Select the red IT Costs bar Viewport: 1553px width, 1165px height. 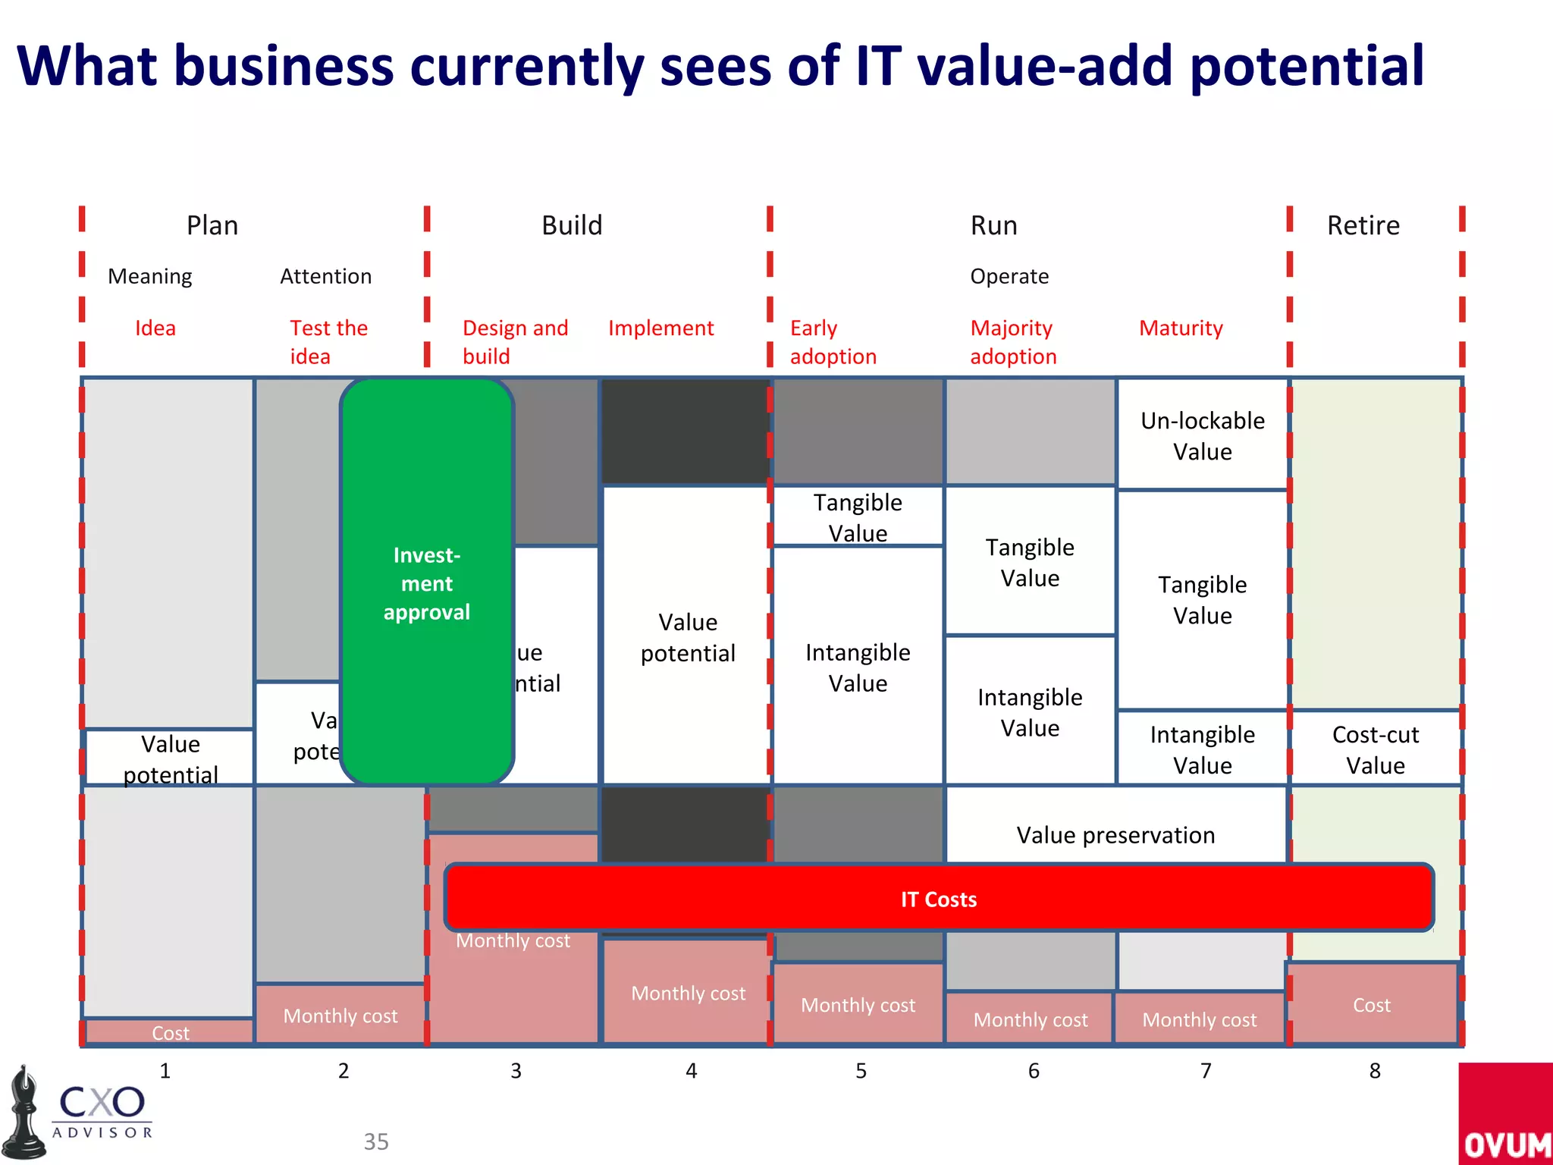[x=939, y=899]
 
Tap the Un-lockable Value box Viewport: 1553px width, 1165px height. [x=1203, y=435]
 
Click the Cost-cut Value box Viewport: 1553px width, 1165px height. [x=1376, y=749]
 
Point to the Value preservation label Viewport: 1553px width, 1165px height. [x=1115, y=835]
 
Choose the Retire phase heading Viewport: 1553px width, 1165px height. [x=1363, y=225]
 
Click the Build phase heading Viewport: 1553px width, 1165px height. [x=572, y=225]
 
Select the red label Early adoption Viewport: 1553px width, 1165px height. [x=833, y=342]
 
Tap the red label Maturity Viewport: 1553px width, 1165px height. [x=1181, y=328]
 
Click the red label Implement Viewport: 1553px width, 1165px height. [x=660, y=328]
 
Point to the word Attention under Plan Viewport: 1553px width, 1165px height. [x=326, y=276]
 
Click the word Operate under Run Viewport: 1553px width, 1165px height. [x=1009, y=276]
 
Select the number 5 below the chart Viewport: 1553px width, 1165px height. [x=861, y=1071]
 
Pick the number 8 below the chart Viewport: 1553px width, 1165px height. [x=1375, y=1071]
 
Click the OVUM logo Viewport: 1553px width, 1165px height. [x=1505, y=1115]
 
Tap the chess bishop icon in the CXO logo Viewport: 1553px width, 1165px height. [x=25, y=1113]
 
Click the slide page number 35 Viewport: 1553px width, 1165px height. [x=376, y=1141]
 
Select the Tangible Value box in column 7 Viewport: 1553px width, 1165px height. [x=1203, y=600]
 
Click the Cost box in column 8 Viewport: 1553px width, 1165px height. [x=1372, y=1005]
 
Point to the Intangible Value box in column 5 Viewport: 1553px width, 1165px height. [x=858, y=667]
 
